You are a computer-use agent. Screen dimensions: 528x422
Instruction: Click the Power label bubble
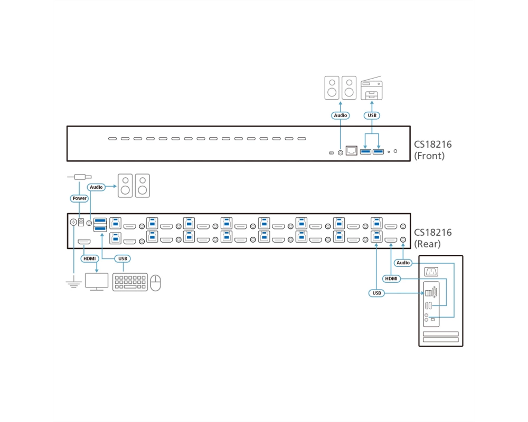point(80,198)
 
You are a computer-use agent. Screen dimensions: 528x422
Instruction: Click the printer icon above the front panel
point(371,88)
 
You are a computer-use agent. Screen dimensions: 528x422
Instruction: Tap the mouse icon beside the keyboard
point(155,283)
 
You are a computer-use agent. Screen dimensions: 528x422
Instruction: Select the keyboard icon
point(130,282)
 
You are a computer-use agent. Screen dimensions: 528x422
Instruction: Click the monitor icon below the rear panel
point(97,282)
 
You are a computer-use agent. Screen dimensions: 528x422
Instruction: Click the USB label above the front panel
point(372,116)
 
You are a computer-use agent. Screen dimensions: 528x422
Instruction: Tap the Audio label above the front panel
point(341,116)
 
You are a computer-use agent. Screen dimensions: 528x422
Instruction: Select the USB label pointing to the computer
point(376,293)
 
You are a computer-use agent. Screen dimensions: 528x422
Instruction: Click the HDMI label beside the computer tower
point(391,279)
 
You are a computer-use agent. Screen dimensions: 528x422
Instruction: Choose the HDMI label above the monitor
point(90,258)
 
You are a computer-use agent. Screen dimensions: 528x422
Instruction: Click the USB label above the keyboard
point(122,258)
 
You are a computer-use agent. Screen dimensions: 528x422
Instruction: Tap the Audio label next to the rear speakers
point(96,187)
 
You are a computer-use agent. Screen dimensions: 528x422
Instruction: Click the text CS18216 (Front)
point(433,150)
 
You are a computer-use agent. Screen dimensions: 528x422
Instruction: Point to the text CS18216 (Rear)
point(433,238)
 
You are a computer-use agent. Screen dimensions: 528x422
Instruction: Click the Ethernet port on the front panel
point(352,150)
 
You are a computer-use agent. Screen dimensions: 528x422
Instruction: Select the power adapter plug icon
point(80,177)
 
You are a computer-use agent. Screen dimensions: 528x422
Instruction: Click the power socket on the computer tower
point(431,271)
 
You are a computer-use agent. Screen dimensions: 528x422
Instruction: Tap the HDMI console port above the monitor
point(84,242)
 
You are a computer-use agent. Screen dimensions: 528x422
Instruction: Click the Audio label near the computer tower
point(403,263)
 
